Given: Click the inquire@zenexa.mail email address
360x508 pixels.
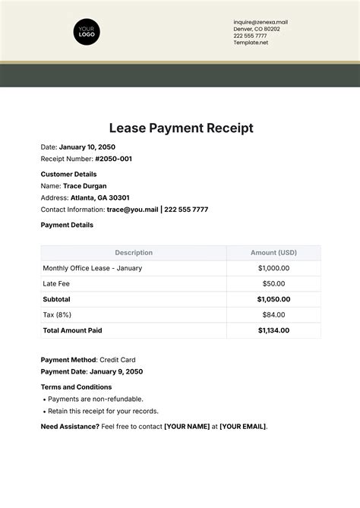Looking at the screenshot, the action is pos(261,22).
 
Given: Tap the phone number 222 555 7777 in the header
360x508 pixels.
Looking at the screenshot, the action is pos(250,36).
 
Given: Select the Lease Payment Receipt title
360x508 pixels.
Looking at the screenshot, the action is pos(180,128).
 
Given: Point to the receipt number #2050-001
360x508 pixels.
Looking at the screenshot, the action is pos(113,159).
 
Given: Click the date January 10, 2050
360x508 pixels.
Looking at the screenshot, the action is pos(87,147).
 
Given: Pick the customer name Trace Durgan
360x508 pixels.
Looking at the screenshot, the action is pos(85,185).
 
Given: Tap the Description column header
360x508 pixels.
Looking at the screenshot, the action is pos(134,253).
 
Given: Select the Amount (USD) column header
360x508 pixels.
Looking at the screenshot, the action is pos(274,253).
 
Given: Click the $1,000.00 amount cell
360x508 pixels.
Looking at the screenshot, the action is pos(273,268).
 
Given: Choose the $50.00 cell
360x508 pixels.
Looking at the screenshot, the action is pos(274,283).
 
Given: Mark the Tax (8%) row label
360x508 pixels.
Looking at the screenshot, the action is pos(58,314).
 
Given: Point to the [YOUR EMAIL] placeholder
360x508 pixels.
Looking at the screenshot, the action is pos(242,426).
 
